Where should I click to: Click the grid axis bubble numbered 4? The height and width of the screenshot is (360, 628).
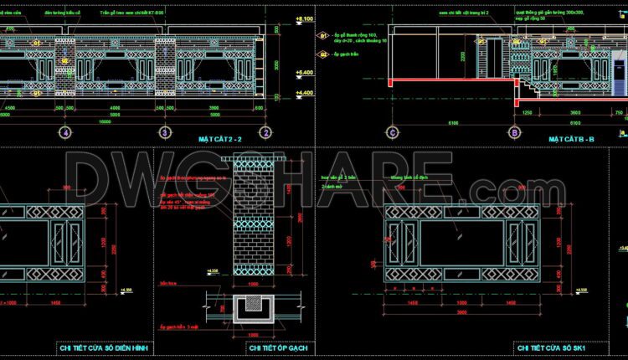pos(64,132)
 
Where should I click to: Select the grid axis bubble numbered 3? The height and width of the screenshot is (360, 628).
pos(165,132)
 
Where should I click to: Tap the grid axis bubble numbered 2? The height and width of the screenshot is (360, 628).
pos(265,132)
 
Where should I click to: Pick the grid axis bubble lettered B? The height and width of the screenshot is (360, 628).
pos(513,132)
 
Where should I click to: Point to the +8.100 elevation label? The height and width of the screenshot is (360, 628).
pos(304,18)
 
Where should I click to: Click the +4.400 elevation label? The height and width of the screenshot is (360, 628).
pos(304,93)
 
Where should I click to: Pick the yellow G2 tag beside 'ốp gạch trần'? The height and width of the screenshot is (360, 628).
pos(322,54)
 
